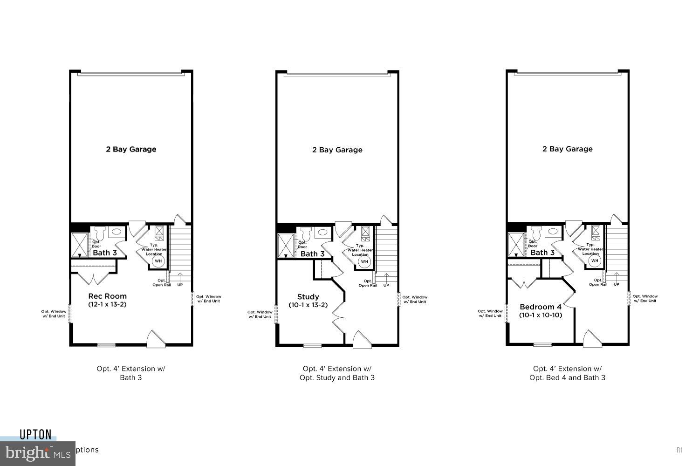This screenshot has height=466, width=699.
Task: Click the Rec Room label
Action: click(x=107, y=296)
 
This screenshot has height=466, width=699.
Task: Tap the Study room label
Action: click(x=308, y=297)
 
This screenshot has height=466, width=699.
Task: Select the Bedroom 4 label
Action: click(x=540, y=307)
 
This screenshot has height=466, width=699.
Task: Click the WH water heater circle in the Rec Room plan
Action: click(x=158, y=261)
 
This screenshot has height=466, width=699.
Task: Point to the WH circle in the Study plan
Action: click(x=364, y=262)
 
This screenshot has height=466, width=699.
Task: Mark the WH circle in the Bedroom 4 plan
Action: click(x=594, y=261)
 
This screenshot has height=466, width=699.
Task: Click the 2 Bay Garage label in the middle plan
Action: click(x=337, y=150)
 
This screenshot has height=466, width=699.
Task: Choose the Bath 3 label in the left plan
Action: click(x=104, y=253)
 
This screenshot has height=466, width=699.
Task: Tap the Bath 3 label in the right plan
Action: click(x=542, y=253)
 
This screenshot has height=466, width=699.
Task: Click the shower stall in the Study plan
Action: click(x=284, y=246)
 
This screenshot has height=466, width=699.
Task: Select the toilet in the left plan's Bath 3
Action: click(x=99, y=233)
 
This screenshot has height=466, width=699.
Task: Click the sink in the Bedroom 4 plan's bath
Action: click(x=553, y=231)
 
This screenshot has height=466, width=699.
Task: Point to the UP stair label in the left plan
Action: click(x=179, y=285)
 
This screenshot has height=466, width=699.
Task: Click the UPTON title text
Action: click(x=35, y=435)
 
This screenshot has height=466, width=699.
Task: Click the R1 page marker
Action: click(x=679, y=450)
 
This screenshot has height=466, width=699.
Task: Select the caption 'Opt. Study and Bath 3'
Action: click(x=337, y=378)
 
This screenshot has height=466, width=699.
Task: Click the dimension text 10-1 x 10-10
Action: click(x=541, y=315)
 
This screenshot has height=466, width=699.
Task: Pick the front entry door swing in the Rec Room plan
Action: click(x=155, y=339)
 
